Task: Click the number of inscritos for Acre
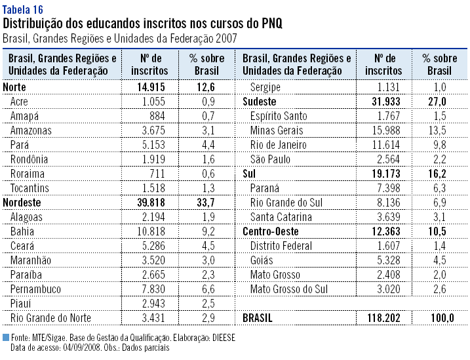pos(151,101)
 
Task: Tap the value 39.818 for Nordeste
pos(149,202)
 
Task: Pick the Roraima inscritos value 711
pos(155,173)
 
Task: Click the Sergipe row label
pos(265,87)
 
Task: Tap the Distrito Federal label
pos(283,245)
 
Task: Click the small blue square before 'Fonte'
pos(6,337)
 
